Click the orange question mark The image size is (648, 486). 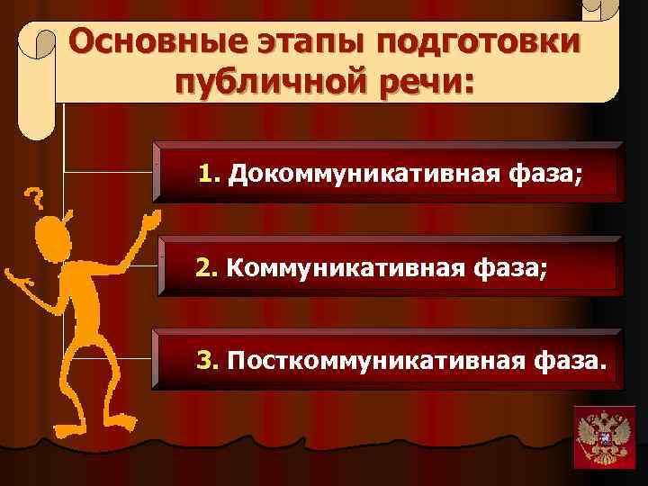pyautogui.click(x=35, y=196)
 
